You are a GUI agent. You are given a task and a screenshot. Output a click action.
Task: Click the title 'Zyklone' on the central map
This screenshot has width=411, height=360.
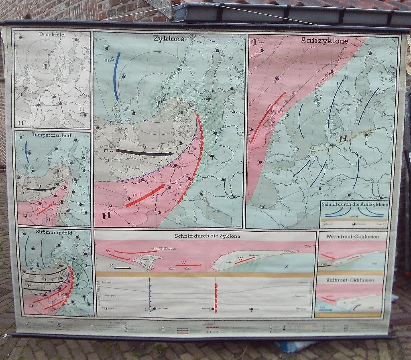click(x=169, y=39)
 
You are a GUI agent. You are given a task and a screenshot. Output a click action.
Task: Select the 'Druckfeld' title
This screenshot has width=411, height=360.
click(x=52, y=34)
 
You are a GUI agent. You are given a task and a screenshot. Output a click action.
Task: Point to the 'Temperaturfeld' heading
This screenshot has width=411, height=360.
click(x=51, y=136)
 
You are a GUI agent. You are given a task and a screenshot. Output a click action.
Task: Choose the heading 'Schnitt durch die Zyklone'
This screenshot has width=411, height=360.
click(x=207, y=236)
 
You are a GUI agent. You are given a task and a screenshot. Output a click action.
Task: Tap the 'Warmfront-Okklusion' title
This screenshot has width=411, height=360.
click(x=352, y=237)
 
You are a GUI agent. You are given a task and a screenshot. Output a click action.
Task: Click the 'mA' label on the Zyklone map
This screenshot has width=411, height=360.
click(x=109, y=59)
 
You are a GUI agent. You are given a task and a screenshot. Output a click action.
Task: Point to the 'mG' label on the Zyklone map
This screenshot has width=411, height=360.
click(x=108, y=150)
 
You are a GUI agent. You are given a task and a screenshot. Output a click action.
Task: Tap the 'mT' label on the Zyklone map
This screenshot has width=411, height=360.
click(x=137, y=195)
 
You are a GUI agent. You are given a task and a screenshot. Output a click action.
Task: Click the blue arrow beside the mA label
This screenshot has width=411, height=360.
click(x=117, y=76)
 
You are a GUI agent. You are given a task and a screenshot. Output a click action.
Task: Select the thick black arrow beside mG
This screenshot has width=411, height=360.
click(x=144, y=153)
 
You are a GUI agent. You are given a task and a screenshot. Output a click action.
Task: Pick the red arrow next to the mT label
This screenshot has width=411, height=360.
click(x=145, y=196)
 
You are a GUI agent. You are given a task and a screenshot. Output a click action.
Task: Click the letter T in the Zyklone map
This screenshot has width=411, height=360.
click(x=158, y=104)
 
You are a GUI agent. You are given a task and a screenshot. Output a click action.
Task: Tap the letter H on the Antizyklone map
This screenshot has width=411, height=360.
click(x=343, y=139)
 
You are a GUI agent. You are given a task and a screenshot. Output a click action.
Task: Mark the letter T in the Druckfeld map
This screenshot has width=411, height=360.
click(x=46, y=65)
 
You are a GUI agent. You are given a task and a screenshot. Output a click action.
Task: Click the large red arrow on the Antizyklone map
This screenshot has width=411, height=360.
click(x=268, y=116)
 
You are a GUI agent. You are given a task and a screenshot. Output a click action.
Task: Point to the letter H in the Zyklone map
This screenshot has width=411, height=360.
click(x=106, y=216)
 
